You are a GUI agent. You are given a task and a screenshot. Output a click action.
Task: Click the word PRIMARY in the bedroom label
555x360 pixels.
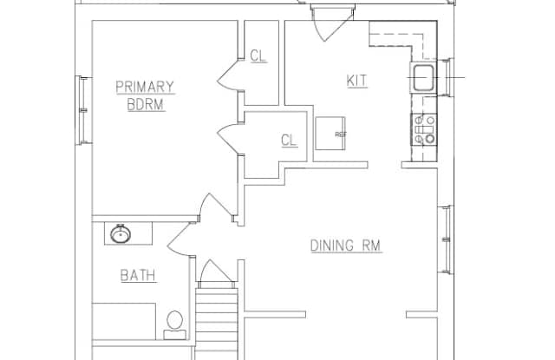[145, 87]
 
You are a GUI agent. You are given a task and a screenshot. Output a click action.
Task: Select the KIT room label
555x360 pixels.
[356, 81]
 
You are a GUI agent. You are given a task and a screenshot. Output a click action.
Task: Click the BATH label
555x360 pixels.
[138, 276]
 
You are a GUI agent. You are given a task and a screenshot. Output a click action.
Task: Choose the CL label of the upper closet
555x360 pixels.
[258, 56]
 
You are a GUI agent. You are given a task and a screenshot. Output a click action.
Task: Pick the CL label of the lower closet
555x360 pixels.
[289, 140]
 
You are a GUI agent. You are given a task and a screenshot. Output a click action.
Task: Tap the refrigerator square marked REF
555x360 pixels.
[330, 134]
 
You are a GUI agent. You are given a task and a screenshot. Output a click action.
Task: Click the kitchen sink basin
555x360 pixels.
[423, 78]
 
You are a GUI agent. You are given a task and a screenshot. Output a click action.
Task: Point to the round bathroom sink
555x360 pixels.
[120, 234]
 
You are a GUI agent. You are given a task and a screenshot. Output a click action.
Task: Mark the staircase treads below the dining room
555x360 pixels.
[217, 321]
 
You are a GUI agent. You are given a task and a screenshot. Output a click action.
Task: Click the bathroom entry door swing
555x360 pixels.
[180, 236]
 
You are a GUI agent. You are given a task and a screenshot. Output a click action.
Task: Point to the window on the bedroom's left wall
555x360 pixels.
[83, 108]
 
